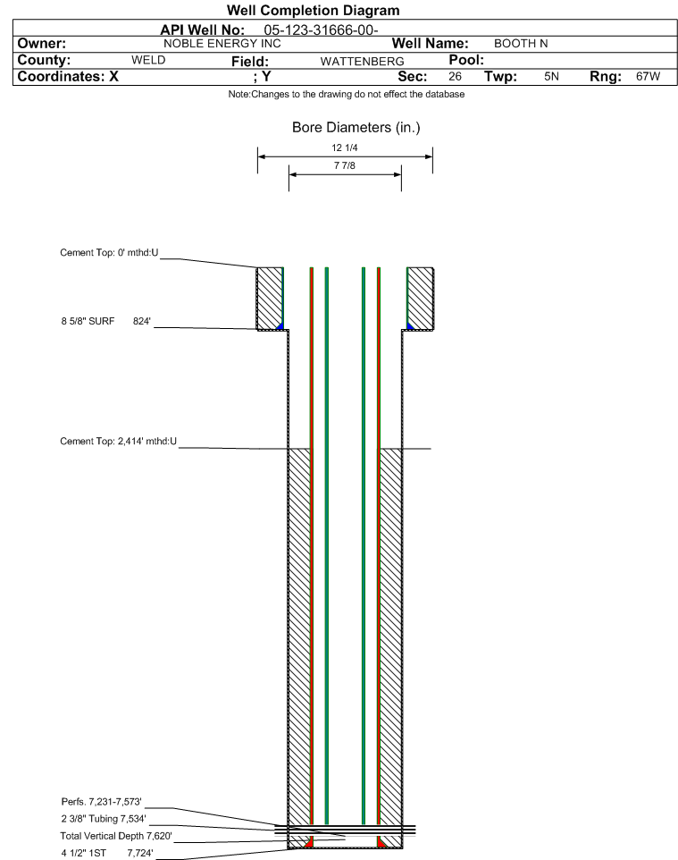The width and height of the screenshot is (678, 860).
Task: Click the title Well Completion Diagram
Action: point(313,11)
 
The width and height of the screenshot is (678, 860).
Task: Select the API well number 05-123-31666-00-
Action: point(322,30)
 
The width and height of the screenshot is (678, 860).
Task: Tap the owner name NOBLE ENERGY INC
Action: point(222,44)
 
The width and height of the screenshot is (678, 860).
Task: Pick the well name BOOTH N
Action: point(521,44)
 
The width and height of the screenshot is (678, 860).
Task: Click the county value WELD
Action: point(148,60)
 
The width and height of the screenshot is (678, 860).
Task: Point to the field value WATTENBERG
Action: point(363,62)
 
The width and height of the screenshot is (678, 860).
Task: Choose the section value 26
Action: point(455,76)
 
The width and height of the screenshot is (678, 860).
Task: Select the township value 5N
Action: point(551,76)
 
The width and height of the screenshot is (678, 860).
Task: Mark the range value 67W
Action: point(648,76)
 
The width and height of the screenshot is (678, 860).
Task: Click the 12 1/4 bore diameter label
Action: point(345,148)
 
